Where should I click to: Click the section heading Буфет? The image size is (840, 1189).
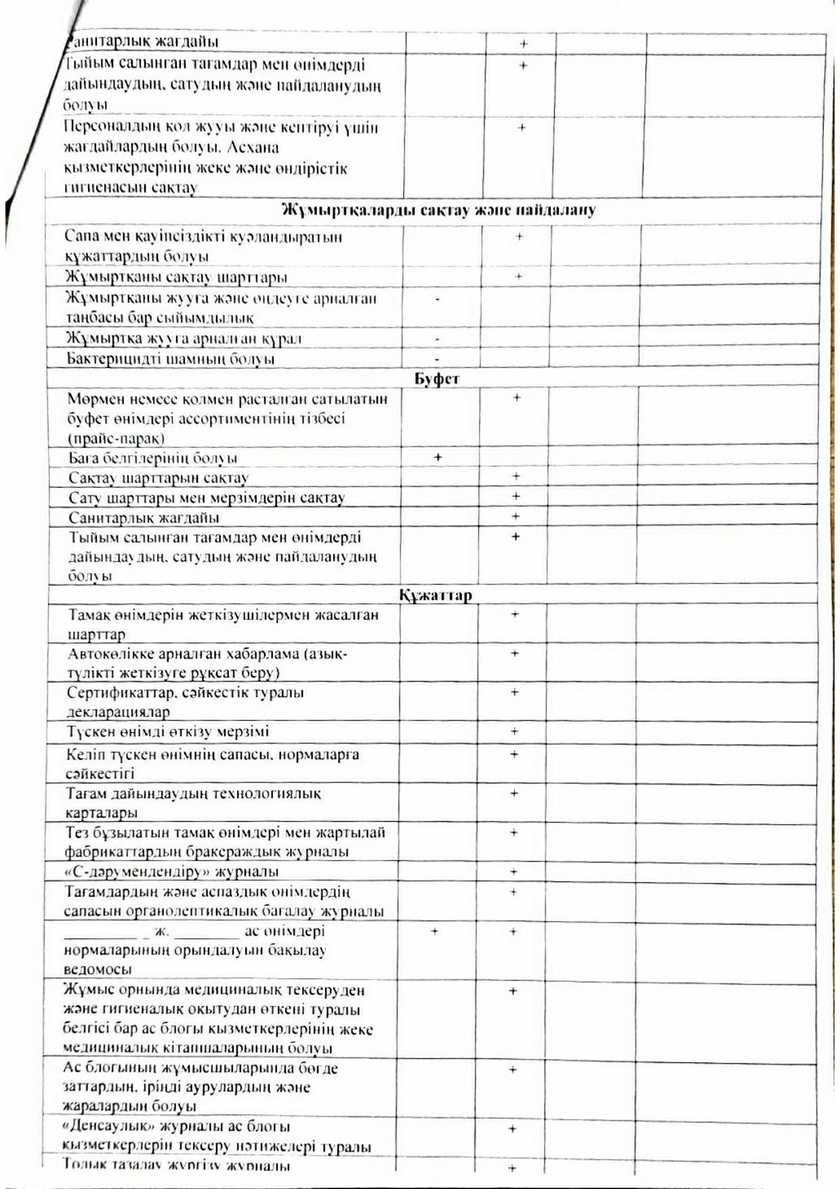pos(436,379)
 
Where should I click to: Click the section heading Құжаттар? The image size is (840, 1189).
pos(435,596)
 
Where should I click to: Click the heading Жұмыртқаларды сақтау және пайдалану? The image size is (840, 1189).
pos(438,210)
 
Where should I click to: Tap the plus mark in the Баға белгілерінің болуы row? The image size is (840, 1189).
pos(438,457)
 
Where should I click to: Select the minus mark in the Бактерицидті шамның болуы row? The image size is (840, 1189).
pos(437,358)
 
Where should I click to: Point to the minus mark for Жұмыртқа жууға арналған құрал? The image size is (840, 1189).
pos(437,338)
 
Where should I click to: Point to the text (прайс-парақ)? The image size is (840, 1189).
pos(116,438)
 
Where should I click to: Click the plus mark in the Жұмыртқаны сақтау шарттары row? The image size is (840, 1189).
pos(518,276)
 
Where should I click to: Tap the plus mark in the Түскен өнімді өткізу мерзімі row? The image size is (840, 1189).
pos(514,732)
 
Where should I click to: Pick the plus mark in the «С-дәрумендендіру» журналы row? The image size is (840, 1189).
pos(513,872)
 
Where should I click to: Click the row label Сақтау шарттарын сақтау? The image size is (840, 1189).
pos(159,478)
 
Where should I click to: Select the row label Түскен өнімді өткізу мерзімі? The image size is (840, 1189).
pos(167,732)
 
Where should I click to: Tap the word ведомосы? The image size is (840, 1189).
pos(98,969)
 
